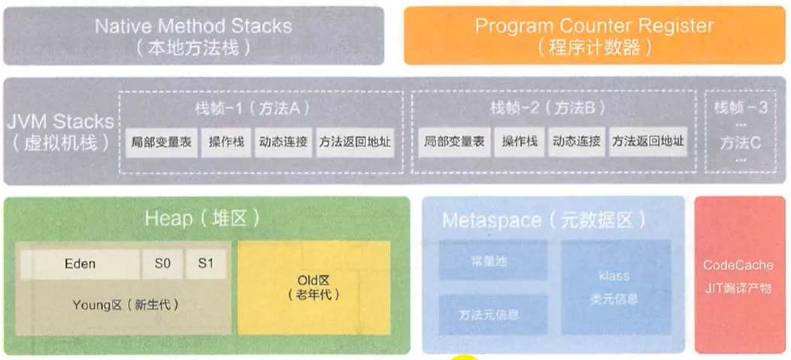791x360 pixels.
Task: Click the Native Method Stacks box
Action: click(193, 36)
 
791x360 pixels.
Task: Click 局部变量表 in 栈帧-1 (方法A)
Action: click(159, 142)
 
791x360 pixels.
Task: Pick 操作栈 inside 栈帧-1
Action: click(226, 142)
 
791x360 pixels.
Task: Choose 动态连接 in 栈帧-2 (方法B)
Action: click(577, 142)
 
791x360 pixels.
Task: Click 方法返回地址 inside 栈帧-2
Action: click(647, 142)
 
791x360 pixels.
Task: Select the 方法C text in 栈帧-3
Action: click(740, 142)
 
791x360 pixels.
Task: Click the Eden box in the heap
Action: click(80, 264)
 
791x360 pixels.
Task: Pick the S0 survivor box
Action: click(163, 264)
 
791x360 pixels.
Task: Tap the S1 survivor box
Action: click(206, 264)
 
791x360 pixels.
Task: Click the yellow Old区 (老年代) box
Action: click(314, 288)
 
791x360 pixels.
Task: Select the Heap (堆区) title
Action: click(203, 219)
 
